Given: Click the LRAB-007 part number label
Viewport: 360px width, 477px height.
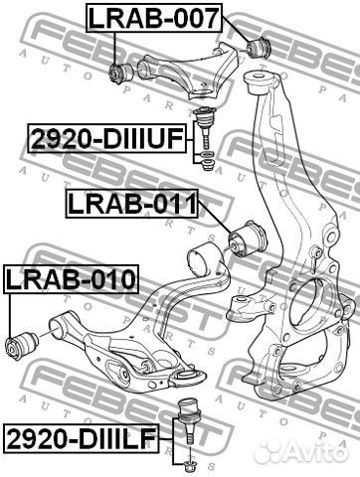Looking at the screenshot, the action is [154, 18].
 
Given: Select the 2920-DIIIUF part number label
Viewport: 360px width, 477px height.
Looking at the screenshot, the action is [106, 138].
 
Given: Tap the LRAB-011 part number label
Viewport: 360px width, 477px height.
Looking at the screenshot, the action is [132, 204].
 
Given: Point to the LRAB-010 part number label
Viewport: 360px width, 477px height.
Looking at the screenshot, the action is [71, 279].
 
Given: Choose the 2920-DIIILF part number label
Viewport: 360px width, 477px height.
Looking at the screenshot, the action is [82, 438].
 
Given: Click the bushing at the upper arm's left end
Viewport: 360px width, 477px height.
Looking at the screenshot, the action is [121, 73].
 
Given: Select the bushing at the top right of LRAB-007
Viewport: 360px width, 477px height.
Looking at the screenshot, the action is [260, 48].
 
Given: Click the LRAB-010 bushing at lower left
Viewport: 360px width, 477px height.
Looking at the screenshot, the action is [23, 345].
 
